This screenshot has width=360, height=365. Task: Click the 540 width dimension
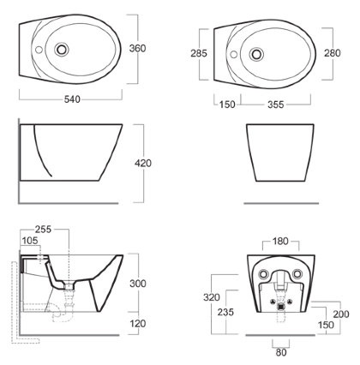pyautogui.click(x=72, y=99)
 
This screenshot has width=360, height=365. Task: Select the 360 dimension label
pyautogui.click(x=137, y=48)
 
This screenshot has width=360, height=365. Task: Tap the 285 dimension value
pyautogui.click(x=199, y=53)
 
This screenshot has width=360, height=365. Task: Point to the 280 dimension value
pyautogui.click(x=333, y=53)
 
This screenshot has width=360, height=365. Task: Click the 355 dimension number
pyautogui.click(x=276, y=105)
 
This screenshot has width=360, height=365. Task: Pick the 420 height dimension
pyautogui.click(x=143, y=164)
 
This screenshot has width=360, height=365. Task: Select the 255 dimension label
pyautogui.click(x=43, y=229)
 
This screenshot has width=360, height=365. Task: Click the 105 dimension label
pyautogui.click(x=30, y=241)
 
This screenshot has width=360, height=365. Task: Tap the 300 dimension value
pyautogui.click(x=138, y=284)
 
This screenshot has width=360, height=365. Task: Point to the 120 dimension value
pyautogui.click(x=138, y=324)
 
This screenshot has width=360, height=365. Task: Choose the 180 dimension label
pyautogui.click(x=280, y=242)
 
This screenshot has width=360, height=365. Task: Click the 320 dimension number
pyautogui.click(x=212, y=297)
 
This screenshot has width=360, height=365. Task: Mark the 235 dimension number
pyautogui.click(x=225, y=312)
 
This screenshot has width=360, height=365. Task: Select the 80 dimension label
pyautogui.click(x=281, y=352)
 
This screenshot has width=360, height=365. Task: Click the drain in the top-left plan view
pyautogui.click(x=62, y=50)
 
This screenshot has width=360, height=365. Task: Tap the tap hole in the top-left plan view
pyautogui.click(x=39, y=50)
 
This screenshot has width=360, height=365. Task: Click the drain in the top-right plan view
pyautogui.click(x=256, y=54)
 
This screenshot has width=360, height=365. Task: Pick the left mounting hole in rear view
pyautogui.click(x=263, y=274)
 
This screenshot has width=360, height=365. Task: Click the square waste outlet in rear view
pyautogui.click(x=281, y=307)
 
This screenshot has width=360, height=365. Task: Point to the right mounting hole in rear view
pyautogui.click(x=297, y=274)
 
